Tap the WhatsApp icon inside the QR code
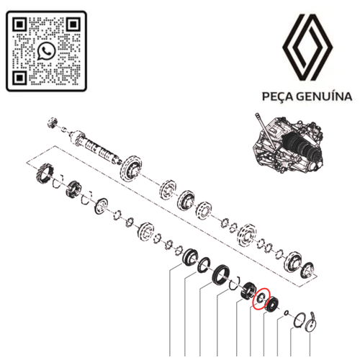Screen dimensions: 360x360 [x=47, y=50]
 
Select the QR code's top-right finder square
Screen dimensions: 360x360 [x=73, y=24]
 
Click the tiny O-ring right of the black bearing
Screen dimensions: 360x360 [x=287, y=312]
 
